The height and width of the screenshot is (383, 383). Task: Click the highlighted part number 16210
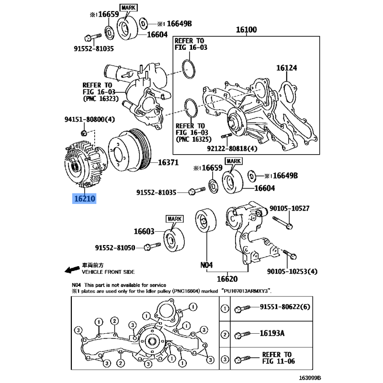84,198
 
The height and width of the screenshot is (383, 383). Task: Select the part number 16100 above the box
246,30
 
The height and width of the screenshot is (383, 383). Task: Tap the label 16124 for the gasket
286,68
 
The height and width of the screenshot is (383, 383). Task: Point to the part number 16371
168,162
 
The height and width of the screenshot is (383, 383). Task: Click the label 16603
144,231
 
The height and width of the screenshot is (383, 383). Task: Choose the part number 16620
227,279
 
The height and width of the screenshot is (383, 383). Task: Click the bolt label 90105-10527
290,208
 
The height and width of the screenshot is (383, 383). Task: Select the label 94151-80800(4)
90,119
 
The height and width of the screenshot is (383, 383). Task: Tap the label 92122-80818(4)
232,148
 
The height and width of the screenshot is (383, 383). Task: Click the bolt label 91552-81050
115,248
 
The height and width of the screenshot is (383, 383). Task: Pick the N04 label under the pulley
206,265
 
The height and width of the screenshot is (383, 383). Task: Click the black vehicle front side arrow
72,270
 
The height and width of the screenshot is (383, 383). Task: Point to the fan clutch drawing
86,164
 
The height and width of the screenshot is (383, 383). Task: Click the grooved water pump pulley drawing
130,151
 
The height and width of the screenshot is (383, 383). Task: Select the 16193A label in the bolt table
272,333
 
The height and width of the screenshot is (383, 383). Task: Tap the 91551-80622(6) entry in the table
285,307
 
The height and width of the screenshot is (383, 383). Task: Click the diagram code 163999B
310,378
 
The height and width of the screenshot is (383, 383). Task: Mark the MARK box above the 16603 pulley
175,219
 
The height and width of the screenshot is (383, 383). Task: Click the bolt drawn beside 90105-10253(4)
290,254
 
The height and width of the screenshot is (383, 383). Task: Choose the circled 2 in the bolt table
225,334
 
